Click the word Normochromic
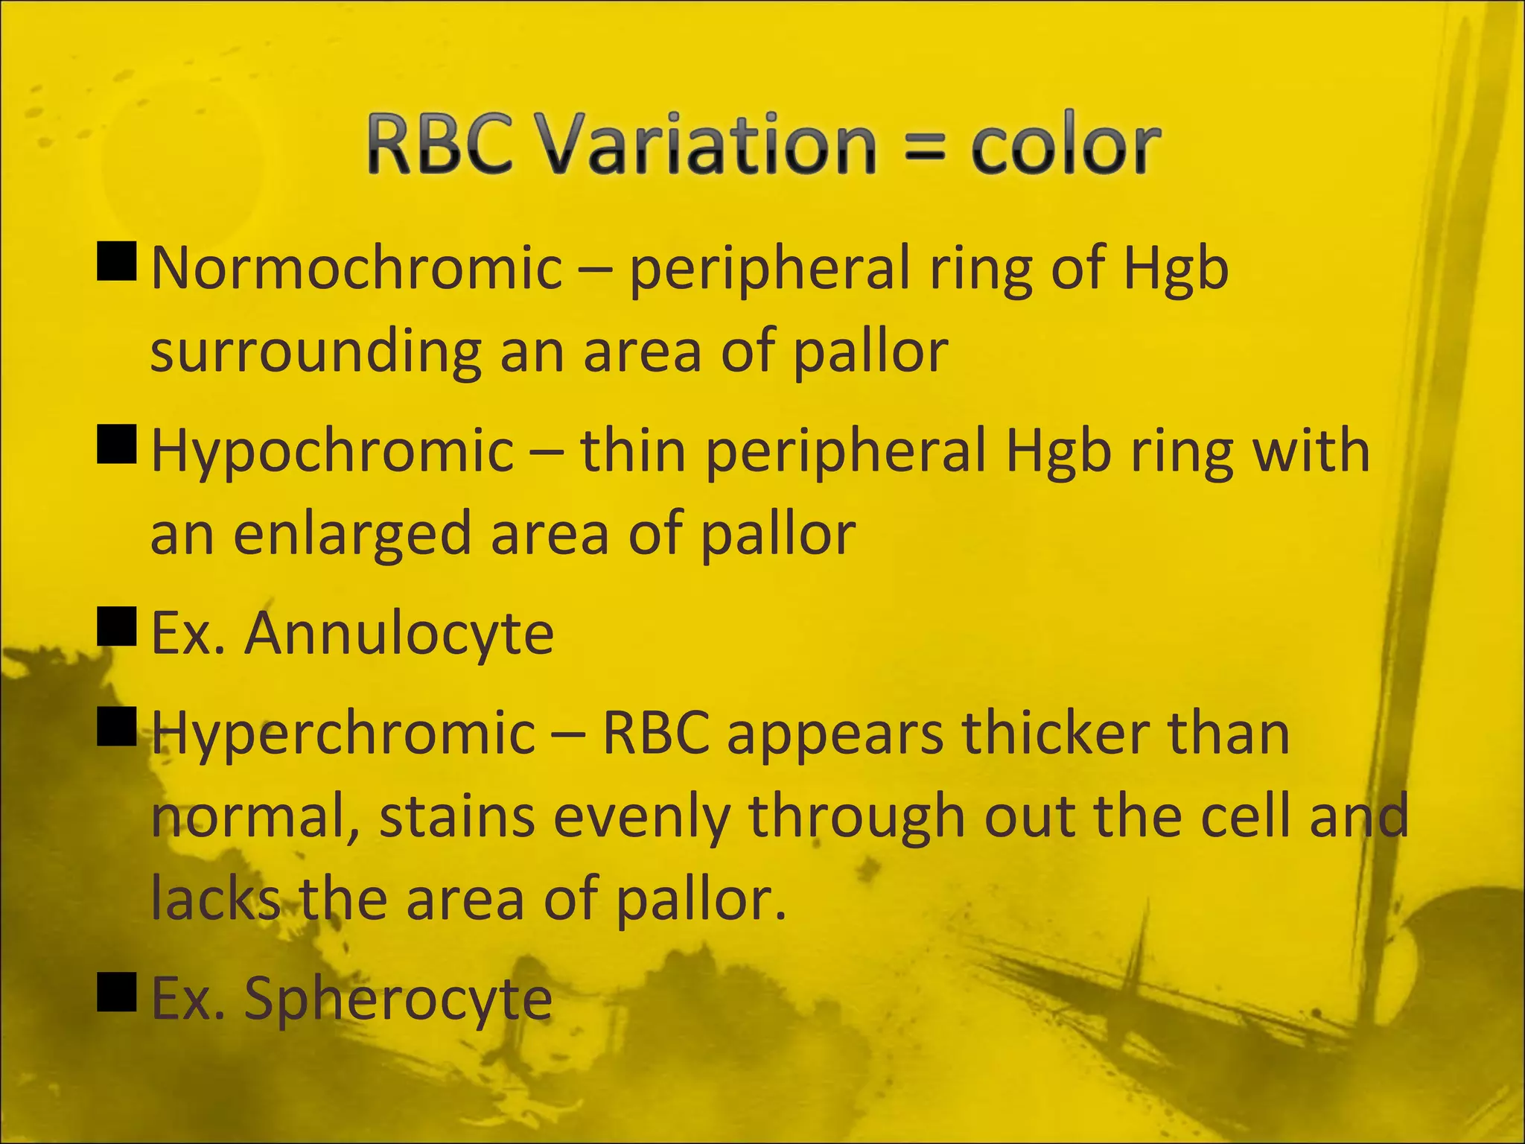(x=357, y=268)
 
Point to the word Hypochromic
(x=332, y=452)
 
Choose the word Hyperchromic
(x=343, y=734)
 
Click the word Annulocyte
(x=400, y=634)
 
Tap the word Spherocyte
(x=398, y=999)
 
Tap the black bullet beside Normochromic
(x=117, y=261)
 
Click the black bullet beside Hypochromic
(x=117, y=445)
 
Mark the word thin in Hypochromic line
(x=633, y=452)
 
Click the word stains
(x=456, y=817)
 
